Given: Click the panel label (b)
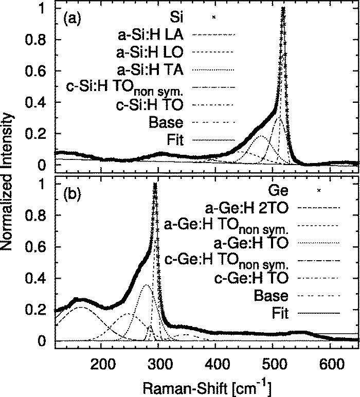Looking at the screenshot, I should click(x=70, y=196).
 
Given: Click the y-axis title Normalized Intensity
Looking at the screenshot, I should click(x=9, y=175).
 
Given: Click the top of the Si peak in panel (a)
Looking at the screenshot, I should click(x=283, y=10).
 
